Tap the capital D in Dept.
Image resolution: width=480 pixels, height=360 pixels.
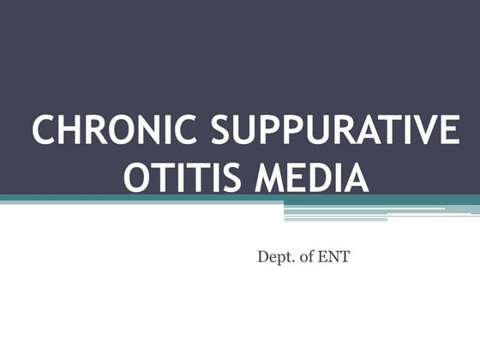[x=262, y=255]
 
